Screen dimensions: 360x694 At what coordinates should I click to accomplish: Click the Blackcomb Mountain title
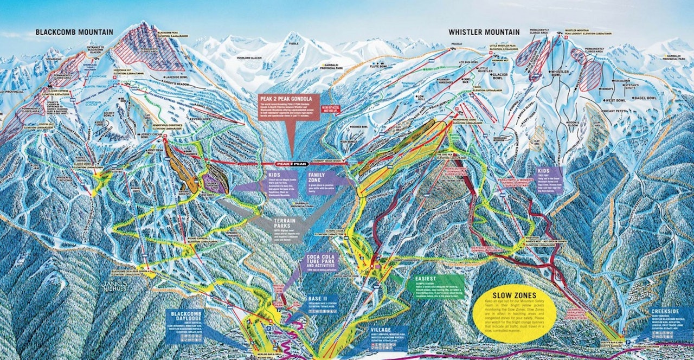(74, 32)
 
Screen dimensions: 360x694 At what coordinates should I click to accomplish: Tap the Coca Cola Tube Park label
(322, 260)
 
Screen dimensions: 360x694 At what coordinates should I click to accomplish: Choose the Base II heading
(316, 299)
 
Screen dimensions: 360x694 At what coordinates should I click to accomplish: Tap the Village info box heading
(381, 329)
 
